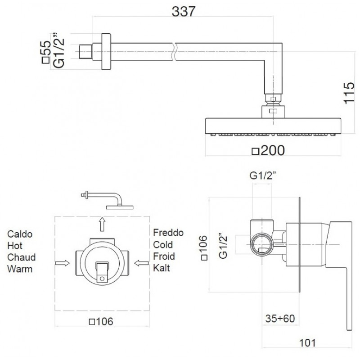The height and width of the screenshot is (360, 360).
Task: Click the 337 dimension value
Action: point(184,12)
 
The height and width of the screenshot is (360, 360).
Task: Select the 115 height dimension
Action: point(349,93)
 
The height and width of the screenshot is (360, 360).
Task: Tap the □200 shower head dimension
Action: point(268,151)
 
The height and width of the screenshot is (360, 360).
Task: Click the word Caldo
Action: point(20,234)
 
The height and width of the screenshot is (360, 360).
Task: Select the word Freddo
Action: point(168,233)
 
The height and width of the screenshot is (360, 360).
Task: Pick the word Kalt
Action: point(162,268)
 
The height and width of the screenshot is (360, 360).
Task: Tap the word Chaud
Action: point(21,257)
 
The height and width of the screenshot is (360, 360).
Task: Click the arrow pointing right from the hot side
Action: point(62,263)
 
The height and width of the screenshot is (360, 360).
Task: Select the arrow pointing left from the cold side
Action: point(141,263)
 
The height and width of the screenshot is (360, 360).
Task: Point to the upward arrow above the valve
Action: point(102,224)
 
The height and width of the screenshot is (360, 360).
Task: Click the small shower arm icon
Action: point(107,200)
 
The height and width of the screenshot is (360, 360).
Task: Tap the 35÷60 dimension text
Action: point(280,319)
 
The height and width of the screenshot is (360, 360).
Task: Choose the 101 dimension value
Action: point(308,343)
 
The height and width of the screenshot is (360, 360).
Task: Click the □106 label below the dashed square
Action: point(101,322)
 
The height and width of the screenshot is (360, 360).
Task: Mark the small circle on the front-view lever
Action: point(102,279)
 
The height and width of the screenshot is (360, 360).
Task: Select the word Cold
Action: point(163,245)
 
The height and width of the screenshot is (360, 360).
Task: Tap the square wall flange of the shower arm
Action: point(106,52)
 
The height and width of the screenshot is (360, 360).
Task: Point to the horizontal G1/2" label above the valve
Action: point(262,176)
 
